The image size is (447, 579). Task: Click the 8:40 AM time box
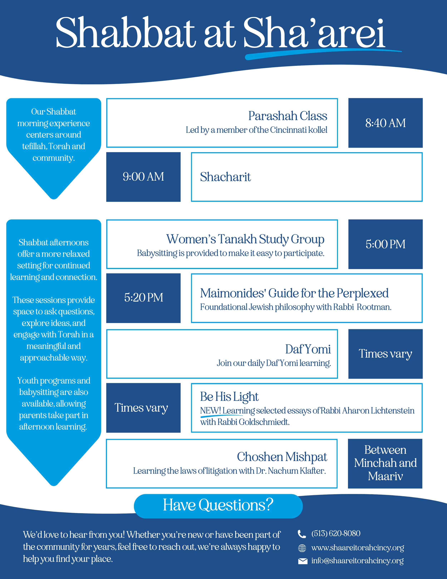coord(385,123)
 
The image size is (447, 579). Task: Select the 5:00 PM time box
coord(385,244)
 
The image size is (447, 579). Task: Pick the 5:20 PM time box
coord(143,298)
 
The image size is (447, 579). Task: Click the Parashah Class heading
coord(288,116)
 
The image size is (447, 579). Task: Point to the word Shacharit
coord(225,177)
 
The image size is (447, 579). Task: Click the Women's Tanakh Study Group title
coord(245,239)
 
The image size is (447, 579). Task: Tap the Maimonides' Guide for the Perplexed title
coord(294,293)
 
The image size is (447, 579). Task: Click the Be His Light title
coord(229,397)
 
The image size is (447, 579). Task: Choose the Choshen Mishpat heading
coord(282,457)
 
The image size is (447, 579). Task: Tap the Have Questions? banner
coord(218,505)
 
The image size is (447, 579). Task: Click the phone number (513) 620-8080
coord(336,533)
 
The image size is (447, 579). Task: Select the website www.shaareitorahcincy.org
coord(357,547)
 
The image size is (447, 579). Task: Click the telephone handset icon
coord(302,534)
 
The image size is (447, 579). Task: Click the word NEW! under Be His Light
coord(210,411)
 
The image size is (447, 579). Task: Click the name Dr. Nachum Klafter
coord(291,471)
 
